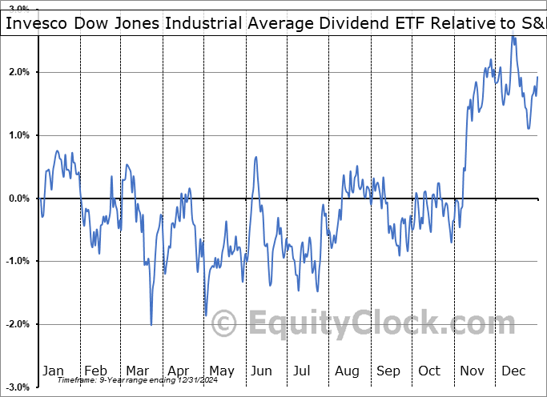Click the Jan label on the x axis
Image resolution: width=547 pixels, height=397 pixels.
[x=54, y=371]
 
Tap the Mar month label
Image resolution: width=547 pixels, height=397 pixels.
[x=138, y=371]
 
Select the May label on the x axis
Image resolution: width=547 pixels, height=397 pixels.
[x=221, y=371]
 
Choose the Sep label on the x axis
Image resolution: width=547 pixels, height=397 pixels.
[x=388, y=371]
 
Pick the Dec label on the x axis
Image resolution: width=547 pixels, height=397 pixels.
[x=513, y=371]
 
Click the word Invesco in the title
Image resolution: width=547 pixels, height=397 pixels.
[x=37, y=25]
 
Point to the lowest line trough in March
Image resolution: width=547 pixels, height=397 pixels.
[x=151, y=324]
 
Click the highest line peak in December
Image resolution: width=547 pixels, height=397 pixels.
[x=513, y=37]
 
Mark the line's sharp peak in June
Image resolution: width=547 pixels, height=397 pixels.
[x=255, y=157]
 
